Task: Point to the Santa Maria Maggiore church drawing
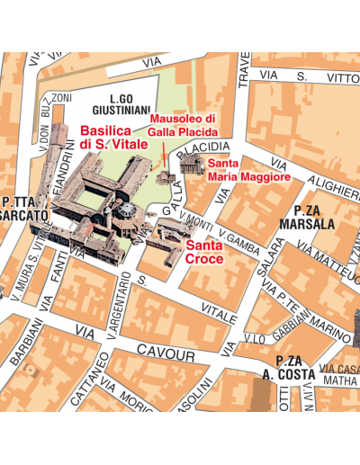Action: pos(191,165)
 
